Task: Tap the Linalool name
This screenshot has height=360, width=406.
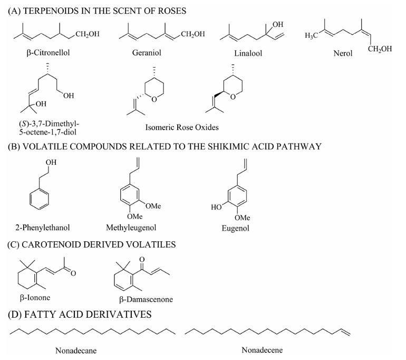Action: pos(248,53)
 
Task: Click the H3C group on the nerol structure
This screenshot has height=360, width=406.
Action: pos(312,35)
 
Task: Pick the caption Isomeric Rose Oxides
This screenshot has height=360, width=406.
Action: pos(182,127)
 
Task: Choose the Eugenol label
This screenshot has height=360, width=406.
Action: pos(235,229)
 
